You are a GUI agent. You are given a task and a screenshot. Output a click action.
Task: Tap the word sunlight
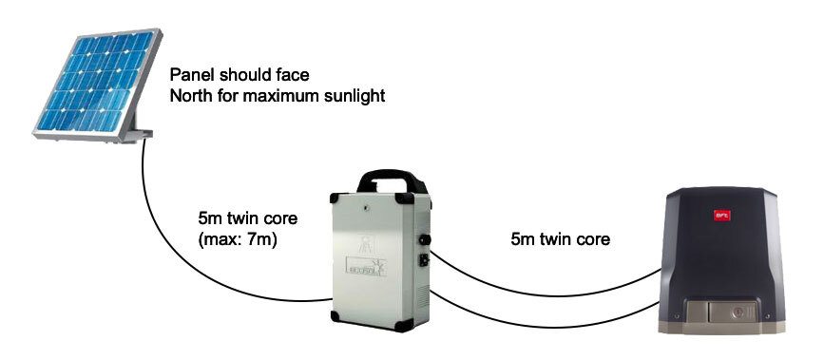click(x=354, y=96)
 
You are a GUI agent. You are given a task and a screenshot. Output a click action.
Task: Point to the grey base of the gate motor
click(x=732, y=323)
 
